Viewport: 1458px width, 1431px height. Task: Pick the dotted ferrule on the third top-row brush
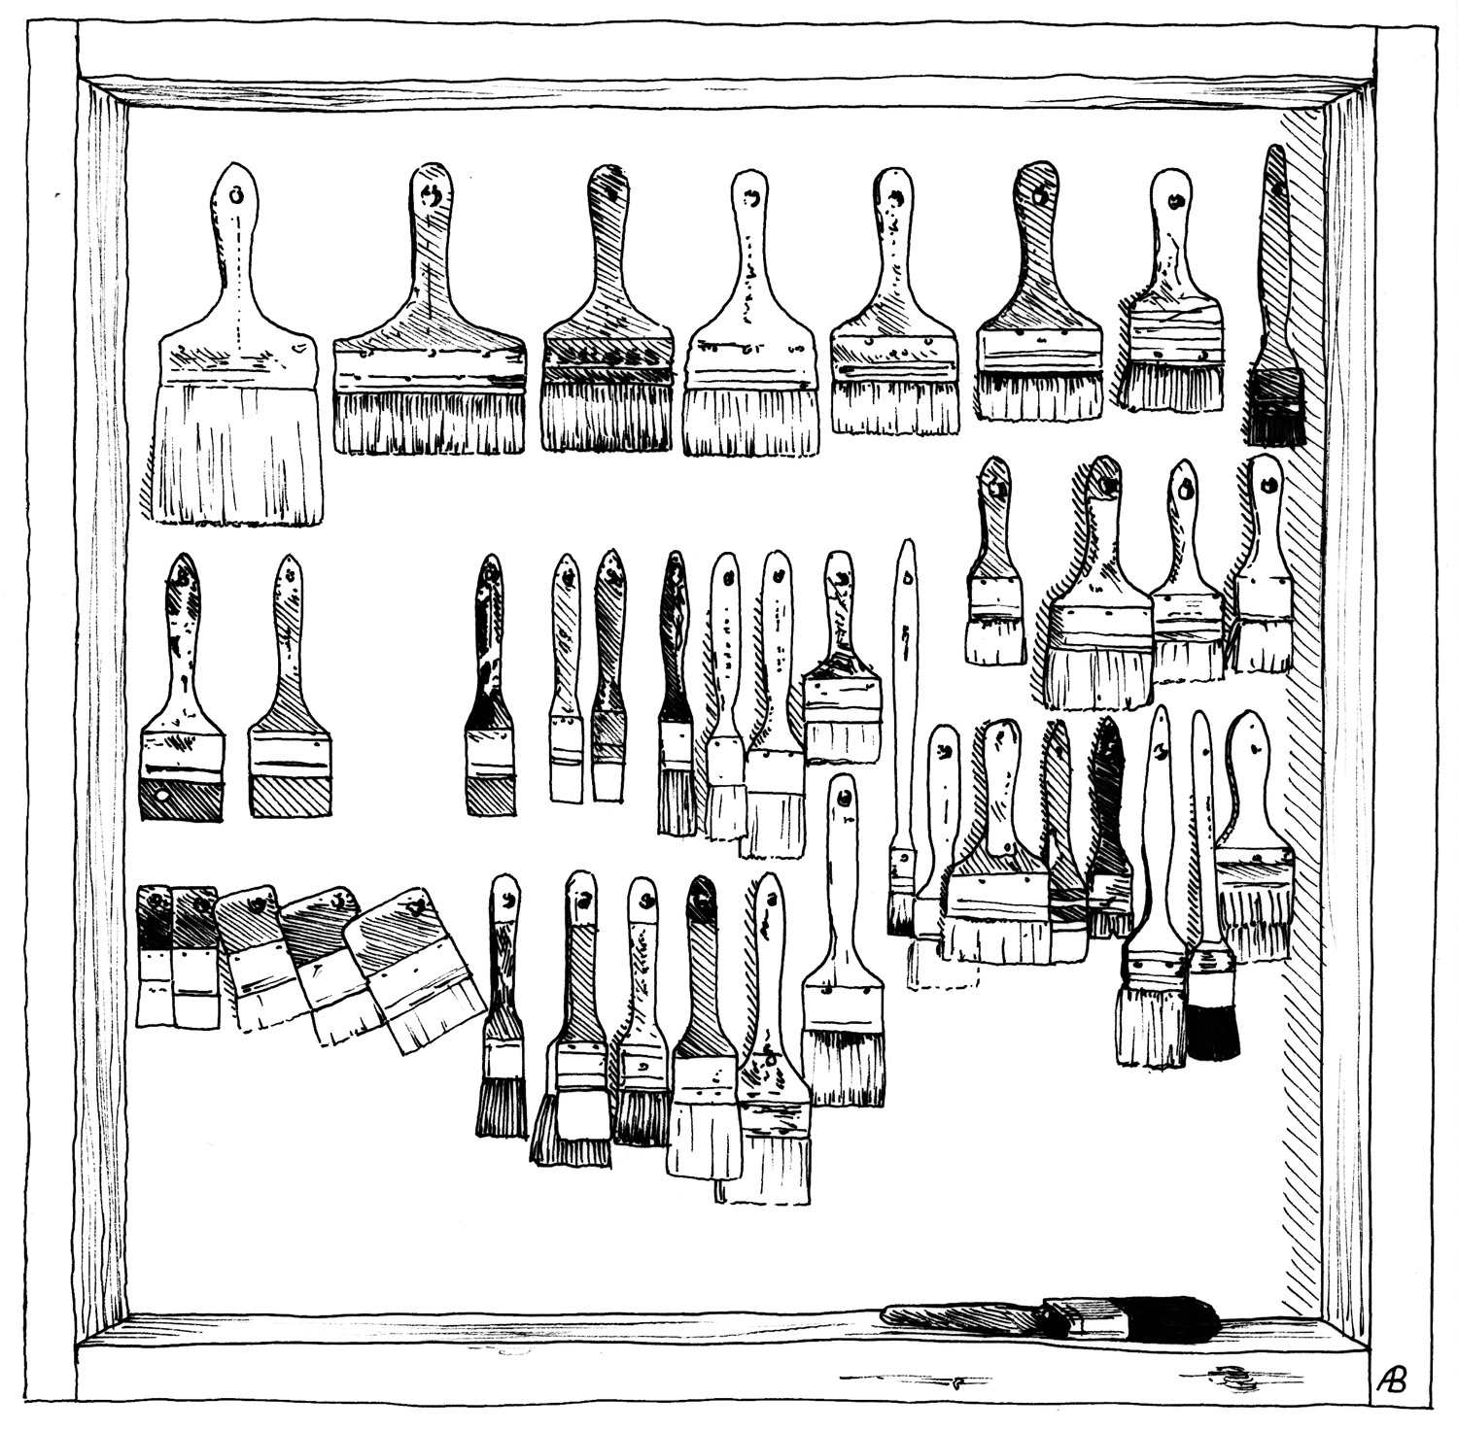coord(607,358)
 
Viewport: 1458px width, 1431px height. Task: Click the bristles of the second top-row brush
coord(429,422)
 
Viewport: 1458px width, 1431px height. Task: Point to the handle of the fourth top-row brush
coord(749,253)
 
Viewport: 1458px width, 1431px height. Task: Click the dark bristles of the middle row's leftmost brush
coord(181,799)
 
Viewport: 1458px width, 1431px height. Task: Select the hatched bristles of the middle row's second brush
coord(290,795)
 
